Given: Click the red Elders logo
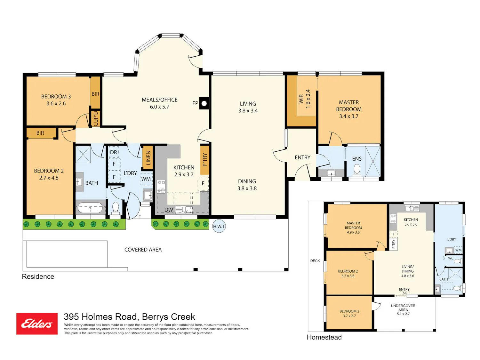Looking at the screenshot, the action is point(37,324).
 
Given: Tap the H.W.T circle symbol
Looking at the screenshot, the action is point(219,226).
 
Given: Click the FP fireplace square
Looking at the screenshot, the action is point(204,103).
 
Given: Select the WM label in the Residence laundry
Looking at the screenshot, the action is point(146,179).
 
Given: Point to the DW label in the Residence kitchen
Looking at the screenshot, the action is point(169,210).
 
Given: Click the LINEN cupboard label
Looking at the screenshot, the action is point(148,158).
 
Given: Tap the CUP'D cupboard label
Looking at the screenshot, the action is point(96,119).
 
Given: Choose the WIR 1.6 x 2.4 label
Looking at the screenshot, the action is point(304,99).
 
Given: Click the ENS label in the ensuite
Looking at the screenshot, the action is point(357,159).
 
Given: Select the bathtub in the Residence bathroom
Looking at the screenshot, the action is point(90,208).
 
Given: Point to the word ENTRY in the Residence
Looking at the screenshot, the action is point(302,157).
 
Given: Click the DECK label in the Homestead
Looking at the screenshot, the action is point(315,261).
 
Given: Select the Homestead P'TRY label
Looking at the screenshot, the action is point(394,244).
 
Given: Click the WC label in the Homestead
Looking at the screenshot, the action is point(451,258).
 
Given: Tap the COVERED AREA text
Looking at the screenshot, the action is point(143,250).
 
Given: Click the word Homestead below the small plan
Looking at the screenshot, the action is point(324,337).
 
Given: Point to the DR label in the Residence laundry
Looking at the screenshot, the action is point(113,152).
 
